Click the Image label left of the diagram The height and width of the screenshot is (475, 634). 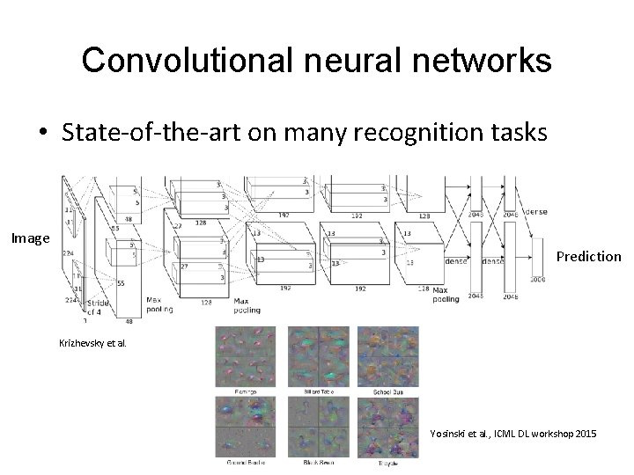tap(30, 237)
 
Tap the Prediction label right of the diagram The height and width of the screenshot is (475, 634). tap(589, 257)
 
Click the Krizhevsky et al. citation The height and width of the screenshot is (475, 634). tap(93, 344)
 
